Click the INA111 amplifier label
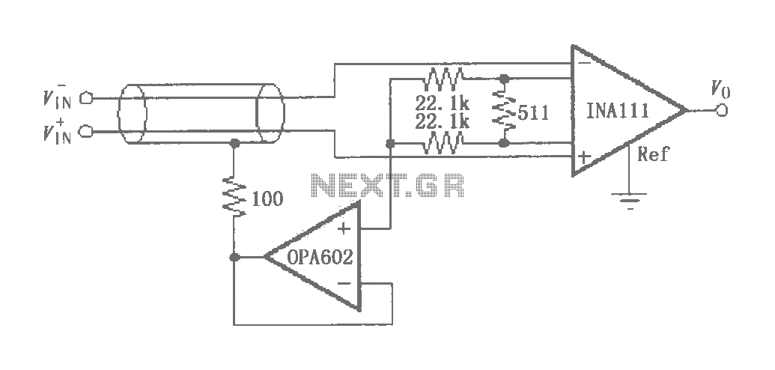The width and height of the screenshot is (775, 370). [617, 111]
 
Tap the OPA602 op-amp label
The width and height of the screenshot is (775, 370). [320, 257]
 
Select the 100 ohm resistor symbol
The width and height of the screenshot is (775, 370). [234, 197]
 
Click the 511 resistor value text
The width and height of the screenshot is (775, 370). [533, 113]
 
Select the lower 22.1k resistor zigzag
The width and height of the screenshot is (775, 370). [443, 144]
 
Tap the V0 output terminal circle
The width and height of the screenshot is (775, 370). [722, 110]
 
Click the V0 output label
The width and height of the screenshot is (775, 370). [720, 90]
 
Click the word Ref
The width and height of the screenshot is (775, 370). [652, 154]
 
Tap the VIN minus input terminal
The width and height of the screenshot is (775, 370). [87, 98]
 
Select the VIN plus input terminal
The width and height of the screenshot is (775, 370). [87, 132]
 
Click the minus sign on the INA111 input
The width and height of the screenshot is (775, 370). [583, 64]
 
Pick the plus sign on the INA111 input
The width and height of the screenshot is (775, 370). [584, 157]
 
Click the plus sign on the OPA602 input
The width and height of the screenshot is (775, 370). [344, 228]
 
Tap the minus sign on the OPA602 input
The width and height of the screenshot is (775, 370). [344, 283]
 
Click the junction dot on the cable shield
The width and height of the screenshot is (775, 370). [235, 144]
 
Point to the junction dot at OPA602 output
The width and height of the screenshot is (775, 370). [235, 257]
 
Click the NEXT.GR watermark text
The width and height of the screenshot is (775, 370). [388, 186]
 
